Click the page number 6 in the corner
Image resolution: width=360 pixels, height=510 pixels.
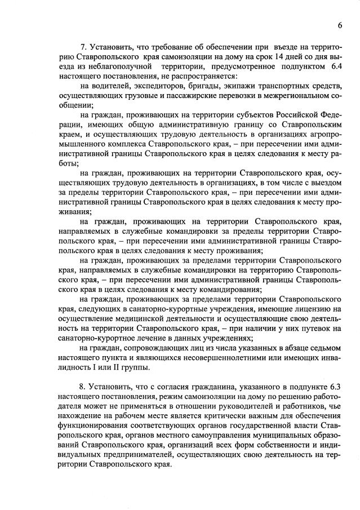340,25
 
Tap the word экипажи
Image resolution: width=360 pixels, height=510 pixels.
244,86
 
